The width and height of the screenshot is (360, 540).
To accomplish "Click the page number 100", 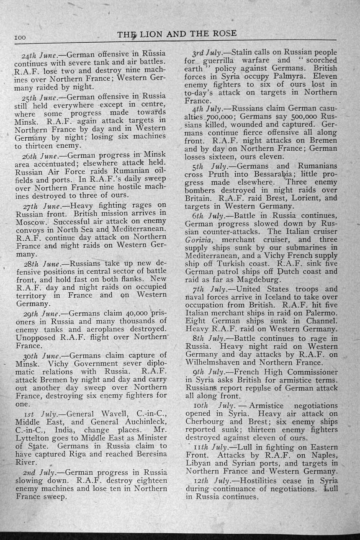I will point(20,38).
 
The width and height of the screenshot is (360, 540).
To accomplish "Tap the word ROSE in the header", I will point(223,33).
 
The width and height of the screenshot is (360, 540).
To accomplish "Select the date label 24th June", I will point(43,54).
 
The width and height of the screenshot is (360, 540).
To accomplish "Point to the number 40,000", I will point(134,313).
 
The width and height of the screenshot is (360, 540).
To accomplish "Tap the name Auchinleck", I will point(144,422).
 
